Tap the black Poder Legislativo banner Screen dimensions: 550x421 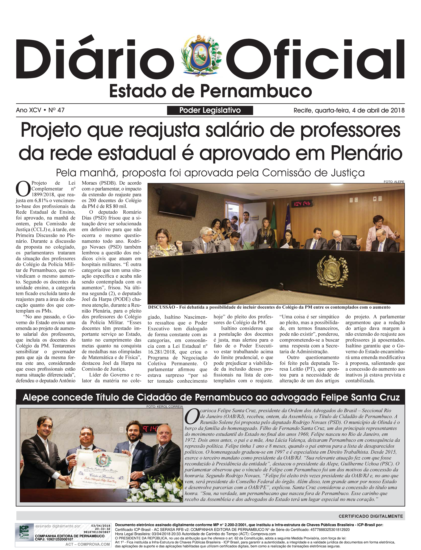210,110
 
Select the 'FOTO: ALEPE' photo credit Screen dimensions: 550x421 394,182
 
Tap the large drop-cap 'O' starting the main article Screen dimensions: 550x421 23,189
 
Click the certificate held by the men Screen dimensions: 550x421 100,469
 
